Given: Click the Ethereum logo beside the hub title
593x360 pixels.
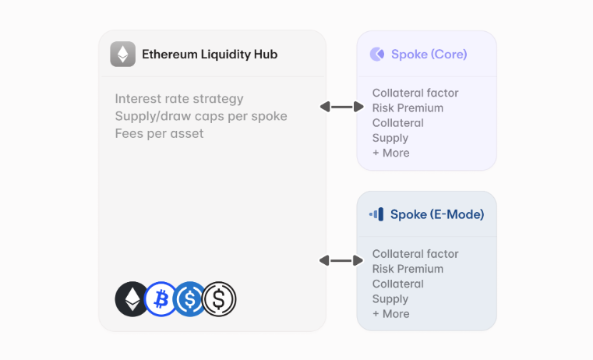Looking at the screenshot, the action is coord(122,54).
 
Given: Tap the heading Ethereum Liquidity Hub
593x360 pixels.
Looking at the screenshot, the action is coord(209,55).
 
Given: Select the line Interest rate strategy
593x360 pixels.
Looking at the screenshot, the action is coord(179,99).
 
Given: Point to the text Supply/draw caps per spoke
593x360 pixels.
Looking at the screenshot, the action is coord(201,116).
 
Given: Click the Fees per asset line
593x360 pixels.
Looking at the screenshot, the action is coord(159,133).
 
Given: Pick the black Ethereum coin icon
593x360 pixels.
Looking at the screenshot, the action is coord(131,299).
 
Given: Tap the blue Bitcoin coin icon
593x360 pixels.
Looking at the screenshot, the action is coord(161,299).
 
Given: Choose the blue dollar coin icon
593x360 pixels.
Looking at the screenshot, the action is coord(189,299).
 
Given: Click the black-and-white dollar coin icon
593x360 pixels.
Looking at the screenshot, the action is coord(219,299).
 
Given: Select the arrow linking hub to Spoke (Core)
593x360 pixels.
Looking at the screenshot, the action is coord(341,107).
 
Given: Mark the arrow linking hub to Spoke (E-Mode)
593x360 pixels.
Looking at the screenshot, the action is coord(341,260).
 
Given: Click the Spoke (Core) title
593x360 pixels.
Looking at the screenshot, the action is coord(429,55).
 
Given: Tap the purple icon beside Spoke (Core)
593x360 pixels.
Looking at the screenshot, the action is coord(377,54).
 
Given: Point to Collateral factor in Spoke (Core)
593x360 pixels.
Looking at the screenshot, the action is coord(415,93).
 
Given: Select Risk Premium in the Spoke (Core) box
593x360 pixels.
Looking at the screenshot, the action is coord(408,108).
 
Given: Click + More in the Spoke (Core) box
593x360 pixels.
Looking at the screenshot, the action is coord(390,153).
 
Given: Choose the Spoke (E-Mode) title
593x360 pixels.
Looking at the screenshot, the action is coord(437,214).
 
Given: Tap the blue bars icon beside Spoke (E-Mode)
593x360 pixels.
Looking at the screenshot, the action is coord(376,214).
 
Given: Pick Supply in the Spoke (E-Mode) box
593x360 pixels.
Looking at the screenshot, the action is coord(390,298).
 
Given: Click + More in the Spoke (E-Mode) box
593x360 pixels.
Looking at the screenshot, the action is coord(390,313).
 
